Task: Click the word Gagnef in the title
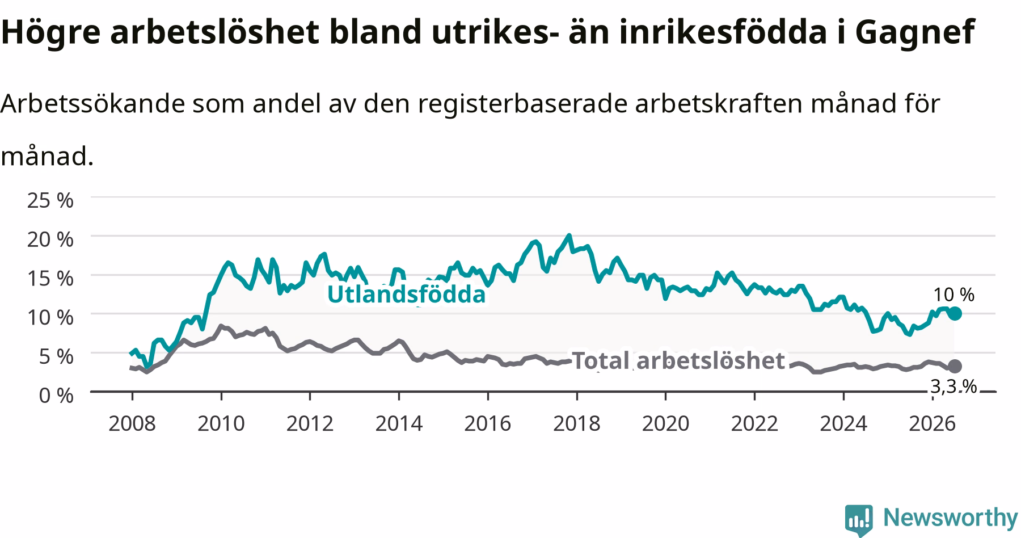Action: point(914,32)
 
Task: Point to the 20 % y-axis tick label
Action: point(50,239)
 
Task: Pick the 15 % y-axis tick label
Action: point(50,278)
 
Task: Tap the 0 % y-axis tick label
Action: point(56,396)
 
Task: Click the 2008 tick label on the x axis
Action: point(132,423)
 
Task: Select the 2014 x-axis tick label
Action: point(399,423)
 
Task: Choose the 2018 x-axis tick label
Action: point(577,423)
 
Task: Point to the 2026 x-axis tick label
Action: point(932,423)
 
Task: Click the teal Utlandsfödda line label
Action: point(407,295)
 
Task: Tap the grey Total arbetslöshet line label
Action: point(678,360)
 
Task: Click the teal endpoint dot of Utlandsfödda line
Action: point(955,313)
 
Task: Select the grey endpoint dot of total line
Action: point(955,366)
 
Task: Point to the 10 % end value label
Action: point(954,295)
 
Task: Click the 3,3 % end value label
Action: point(954,386)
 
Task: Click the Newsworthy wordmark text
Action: point(951,518)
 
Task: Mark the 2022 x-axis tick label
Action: point(754,423)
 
